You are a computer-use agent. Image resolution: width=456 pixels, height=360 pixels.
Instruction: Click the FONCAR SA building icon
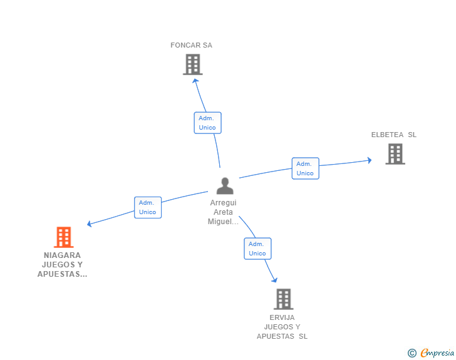coord(193,64)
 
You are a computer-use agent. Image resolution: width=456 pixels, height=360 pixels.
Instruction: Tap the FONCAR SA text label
coord(191,45)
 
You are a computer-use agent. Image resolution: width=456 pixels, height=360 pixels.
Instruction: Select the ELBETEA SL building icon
coord(395,154)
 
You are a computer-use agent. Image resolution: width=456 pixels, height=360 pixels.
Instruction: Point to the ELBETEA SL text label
coord(393,135)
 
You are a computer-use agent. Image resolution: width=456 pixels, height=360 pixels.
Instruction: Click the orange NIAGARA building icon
coord(63,237)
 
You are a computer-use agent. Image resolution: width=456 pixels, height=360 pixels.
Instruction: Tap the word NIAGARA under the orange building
coord(63,255)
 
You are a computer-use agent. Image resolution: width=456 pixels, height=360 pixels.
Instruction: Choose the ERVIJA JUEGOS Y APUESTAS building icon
coord(283,299)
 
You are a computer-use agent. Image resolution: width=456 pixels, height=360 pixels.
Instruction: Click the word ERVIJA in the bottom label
coord(282,317)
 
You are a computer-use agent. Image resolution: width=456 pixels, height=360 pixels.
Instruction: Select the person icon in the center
coord(224,186)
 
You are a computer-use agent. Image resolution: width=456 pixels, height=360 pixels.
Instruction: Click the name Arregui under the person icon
coord(224,203)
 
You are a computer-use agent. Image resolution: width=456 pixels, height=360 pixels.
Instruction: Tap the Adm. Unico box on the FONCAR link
coord(207,123)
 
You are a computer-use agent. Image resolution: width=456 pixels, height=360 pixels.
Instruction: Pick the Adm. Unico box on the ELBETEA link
coord(305,168)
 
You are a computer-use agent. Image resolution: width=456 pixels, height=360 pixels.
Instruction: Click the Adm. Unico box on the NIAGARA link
coord(148,207)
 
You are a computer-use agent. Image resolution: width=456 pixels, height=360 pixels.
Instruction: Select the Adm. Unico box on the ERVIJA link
coord(257,249)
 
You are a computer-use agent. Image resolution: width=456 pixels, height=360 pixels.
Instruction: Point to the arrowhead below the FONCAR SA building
coord(195,80)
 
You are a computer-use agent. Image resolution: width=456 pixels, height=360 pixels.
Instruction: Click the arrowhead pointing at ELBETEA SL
coord(369,160)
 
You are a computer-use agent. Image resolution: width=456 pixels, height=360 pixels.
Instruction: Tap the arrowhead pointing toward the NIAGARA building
coord(90,224)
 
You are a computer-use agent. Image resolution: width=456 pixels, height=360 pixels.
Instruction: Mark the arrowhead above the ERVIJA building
coord(274,280)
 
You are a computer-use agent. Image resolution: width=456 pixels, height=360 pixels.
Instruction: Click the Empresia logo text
coord(438,353)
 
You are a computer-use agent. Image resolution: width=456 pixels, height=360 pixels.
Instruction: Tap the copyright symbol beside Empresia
coord(412,353)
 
